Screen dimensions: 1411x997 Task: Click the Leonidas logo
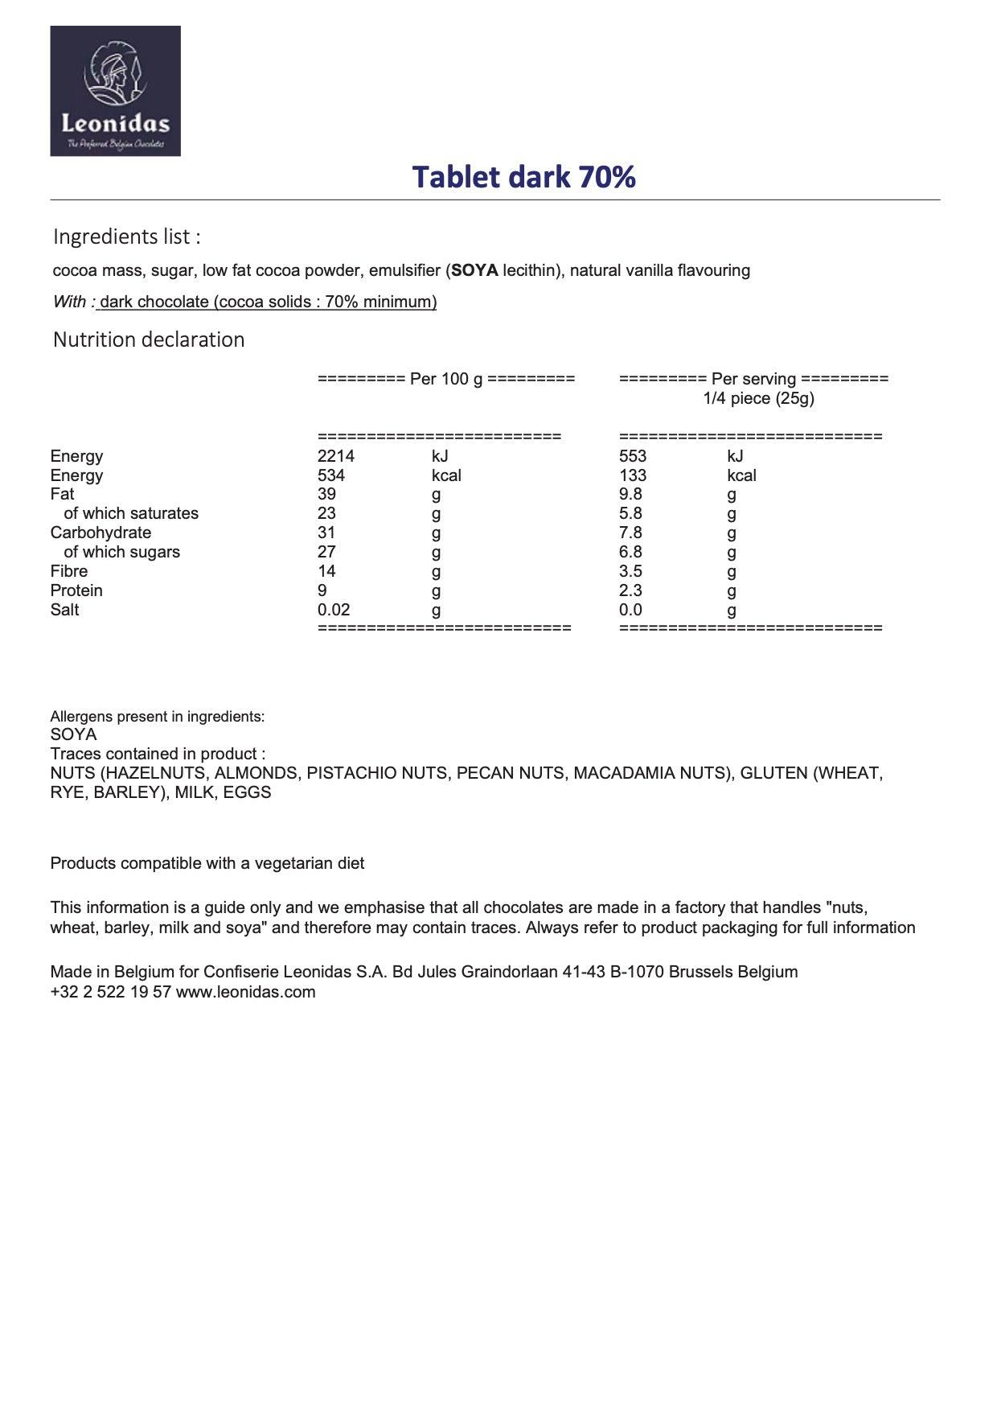tap(115, 91)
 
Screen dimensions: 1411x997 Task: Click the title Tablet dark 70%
tap(524, 177)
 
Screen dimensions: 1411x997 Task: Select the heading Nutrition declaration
tap(149, 339)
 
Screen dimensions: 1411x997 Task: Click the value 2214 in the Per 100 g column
tap(335, 456)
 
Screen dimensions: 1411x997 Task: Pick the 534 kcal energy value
tap(330, 475)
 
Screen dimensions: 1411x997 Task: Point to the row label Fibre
tap(69, 571)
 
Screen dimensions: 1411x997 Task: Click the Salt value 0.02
tap(334, 610)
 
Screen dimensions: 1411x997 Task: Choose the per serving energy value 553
tap(633, 456)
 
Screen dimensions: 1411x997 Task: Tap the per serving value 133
tap(633, 475)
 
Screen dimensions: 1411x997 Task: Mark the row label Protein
tap(76, 590)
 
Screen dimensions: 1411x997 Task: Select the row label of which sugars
tap(121, 552)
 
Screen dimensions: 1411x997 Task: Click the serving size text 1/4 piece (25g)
tap(758, 398)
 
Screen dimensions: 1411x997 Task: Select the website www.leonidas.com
tap(245, 992)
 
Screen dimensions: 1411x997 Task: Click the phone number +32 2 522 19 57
tap(110, 992)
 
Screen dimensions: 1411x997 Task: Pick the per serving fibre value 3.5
tap(630, 571)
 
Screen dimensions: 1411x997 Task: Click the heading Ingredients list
tap(126, 237)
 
